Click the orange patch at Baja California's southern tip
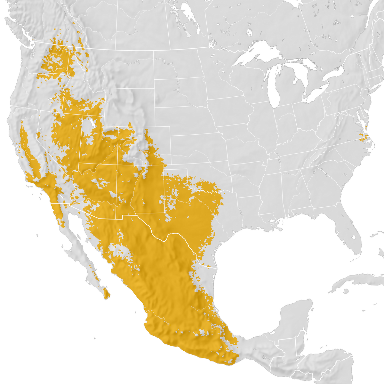[x=105, y=293]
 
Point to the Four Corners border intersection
[x=118, y=164]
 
